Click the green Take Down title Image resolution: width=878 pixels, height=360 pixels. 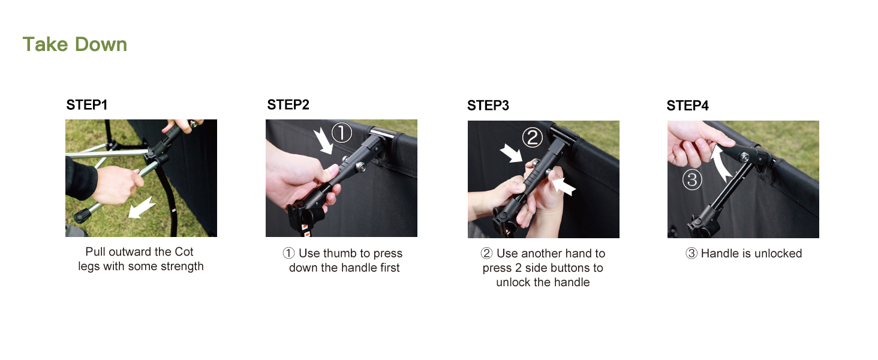(x=75, y=44)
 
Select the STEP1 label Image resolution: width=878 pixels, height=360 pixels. (x=86, y=105)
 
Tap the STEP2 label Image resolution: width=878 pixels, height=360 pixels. (x=288, y=105)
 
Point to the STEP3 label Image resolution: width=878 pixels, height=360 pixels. (x=488, y=105)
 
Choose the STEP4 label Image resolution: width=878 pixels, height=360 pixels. (x=687, y=105)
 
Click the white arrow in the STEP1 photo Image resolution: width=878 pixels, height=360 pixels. (x=142, y=207)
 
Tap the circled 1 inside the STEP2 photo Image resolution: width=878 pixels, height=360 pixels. (x=342, y=133)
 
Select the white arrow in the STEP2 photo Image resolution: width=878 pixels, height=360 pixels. (x=324, y=140)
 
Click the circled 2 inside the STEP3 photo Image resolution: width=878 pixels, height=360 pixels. (x=533, y=137)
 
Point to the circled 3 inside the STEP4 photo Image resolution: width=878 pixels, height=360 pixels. (x=692, y=179)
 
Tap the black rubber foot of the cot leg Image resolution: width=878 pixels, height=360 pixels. (x=82, y=215)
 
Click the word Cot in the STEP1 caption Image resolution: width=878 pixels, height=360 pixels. (x=184, y=252)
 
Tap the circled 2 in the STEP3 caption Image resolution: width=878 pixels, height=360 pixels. (x=486, y=253)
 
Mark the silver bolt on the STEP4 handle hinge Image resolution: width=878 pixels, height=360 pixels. (x=744, y=158)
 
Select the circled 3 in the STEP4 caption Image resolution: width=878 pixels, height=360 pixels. (x=691, y=253)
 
